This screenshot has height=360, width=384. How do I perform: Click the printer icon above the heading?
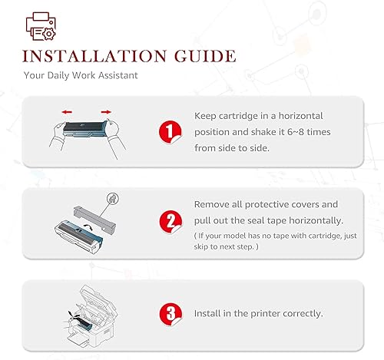click(41, 26)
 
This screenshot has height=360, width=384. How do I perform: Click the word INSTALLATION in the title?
click(94, 56)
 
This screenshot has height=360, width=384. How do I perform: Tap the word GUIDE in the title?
click(205, 56)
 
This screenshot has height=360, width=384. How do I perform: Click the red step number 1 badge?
click(170, 132)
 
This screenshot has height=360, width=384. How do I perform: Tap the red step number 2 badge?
click(170, 222)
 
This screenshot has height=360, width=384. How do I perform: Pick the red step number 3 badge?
click(170, 314)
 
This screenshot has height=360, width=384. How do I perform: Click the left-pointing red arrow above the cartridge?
click(67, 112)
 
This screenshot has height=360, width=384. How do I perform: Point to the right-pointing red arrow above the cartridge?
click(106, 112)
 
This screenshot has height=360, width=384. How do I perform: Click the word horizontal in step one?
click(300, 116)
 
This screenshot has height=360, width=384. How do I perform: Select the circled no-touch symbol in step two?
click(113, 199)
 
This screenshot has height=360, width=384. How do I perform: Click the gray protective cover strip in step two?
click(94, 218)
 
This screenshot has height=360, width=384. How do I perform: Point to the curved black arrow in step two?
click(88, 226)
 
